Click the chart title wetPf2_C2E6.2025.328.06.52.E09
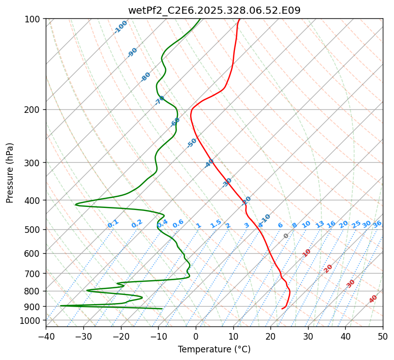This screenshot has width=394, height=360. click(x=214, y=10)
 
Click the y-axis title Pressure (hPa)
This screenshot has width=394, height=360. click(x=10, y=173)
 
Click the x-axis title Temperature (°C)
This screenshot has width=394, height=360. click(x=214, y=349)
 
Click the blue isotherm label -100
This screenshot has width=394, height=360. click(x=121, y=26)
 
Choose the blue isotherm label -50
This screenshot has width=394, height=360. click(x=192, y=143)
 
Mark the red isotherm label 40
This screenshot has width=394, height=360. click(x=373, y=299)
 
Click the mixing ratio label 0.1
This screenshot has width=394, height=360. click(x=113, y=223)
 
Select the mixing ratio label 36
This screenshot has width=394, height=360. click(x=377, y=224)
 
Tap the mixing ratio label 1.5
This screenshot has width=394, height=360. click(x=216, y=223)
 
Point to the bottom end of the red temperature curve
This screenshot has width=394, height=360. click(x=282, y=309)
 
